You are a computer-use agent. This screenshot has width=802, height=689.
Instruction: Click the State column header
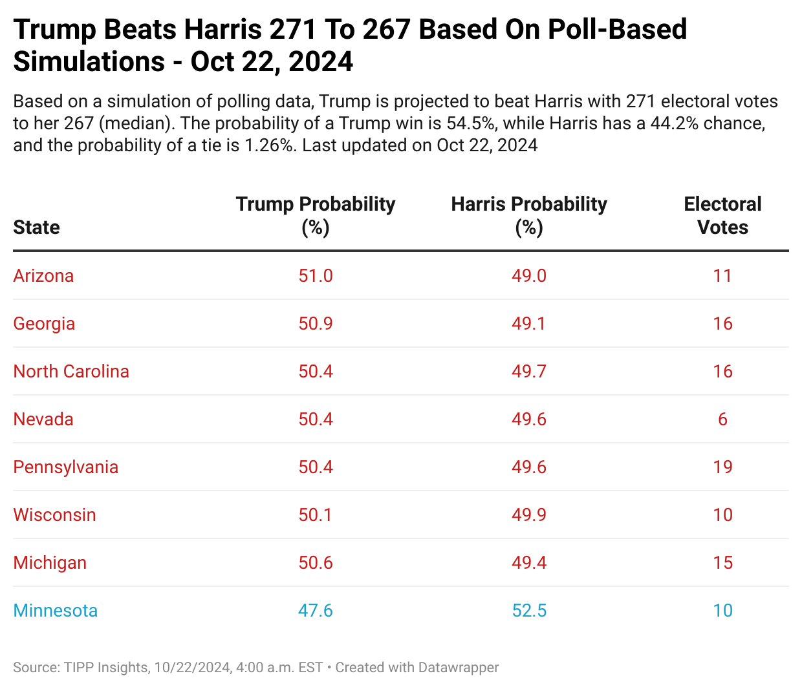click(x=36, y=228)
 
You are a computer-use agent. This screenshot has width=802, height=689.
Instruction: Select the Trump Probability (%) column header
click(x=316, y=215)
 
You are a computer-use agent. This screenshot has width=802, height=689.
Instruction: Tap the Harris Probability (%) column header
click(x=529, y=215)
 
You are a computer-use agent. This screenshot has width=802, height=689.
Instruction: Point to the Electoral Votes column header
click(x=722, y=215)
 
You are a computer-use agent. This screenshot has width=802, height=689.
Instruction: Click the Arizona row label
click(x=43, y=276)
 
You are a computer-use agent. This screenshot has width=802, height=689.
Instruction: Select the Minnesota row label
click(x=56, y=611)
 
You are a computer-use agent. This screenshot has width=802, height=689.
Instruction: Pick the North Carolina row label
click(x=71, y=372)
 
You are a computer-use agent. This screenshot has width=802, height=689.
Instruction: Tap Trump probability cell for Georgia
click(x=316, y=324)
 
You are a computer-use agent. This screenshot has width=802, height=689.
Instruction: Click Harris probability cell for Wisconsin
click(x=529, y=515)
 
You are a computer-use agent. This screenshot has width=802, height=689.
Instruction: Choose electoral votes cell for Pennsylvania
click(x=722, y=467)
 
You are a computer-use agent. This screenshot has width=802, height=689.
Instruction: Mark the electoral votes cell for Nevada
click(x=722, y=419)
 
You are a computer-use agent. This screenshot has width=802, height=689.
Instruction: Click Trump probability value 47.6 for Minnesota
click(x=316, y=611)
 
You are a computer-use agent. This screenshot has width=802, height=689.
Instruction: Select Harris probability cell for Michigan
click(x=529, y=563)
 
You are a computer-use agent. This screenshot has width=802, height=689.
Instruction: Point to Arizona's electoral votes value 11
click(x=722, y=276)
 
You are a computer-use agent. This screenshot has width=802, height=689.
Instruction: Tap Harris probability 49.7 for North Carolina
click(x=529, y=372)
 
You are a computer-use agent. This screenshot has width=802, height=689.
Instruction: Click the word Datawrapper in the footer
click(x=459, y=668)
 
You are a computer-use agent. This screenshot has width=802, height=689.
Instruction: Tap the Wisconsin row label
click(x=54, y=515)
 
